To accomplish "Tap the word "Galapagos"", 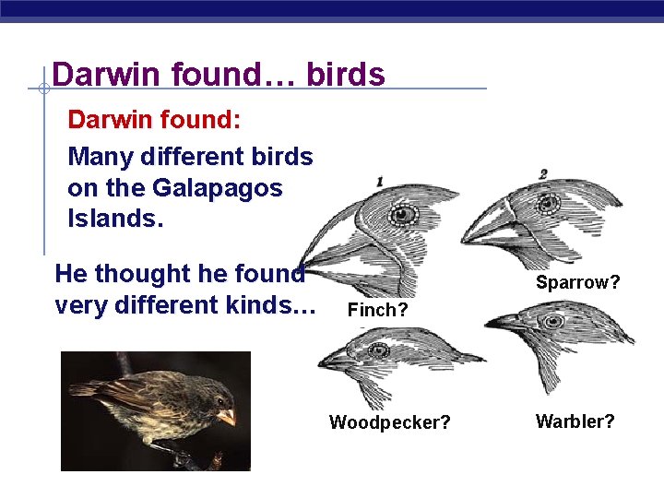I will (217, 188).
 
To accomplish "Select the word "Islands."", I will (111, 219).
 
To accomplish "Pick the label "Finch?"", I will (377, 311).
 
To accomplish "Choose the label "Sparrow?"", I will (578, 282).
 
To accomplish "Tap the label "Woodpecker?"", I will (390, 422).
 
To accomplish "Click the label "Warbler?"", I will (575, 421).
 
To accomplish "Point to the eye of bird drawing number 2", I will (551, 202).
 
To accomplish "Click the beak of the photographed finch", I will (226, 417).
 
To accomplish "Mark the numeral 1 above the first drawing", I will (380, 182).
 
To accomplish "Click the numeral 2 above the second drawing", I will (543, 173).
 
